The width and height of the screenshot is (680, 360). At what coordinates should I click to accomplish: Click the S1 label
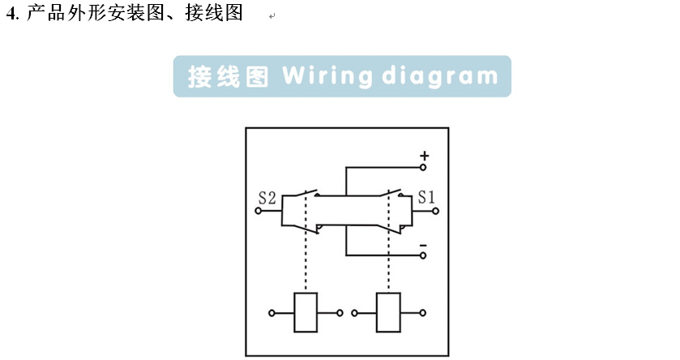pyautogui.click(x=426, y=197)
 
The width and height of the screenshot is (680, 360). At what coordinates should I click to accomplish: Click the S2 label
pyautogui.click(x=267, y=197)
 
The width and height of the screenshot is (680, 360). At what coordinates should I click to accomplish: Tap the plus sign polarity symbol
pyautogui.click(x=424, y=154)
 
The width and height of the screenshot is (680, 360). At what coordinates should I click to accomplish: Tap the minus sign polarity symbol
pyautogui.click(x=423, y=243)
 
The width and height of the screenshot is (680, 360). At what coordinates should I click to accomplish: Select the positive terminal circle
pyautogui.click(x=423, y=168)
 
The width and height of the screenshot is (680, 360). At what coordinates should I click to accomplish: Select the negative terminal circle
pyautogui.click(x=423, y=255)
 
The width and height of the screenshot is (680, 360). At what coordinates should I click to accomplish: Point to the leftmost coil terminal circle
pyautogui.click(x=272, y=312)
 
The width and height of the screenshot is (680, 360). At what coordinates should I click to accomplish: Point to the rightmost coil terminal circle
pyautogui.click(x=421, y=312)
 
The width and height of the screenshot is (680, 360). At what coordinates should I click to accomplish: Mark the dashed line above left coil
pyautogui.click(x=306, y=259)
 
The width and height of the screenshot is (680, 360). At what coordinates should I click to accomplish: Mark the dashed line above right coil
pyautogui.click(x=388, y=259)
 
